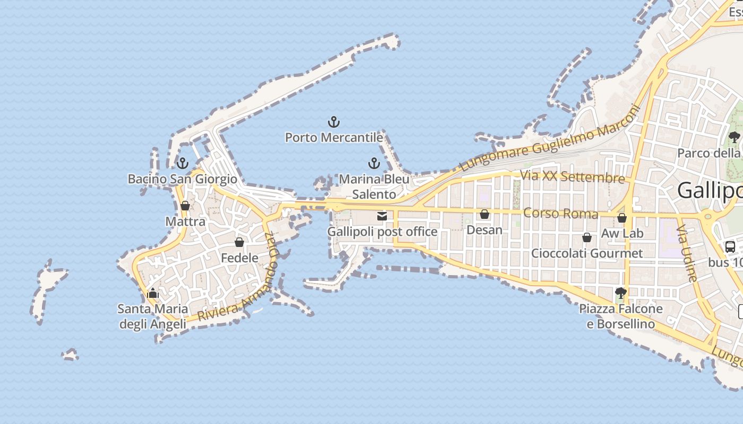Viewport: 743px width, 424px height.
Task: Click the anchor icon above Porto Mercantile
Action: click(333, 122)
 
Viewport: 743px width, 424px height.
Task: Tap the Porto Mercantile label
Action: click(334, 138)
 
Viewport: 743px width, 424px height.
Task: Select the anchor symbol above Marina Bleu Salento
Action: click(374, 163)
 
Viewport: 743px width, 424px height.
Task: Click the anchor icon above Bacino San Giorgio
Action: click(183, 163)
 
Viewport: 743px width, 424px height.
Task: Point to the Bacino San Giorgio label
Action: click(182, 179)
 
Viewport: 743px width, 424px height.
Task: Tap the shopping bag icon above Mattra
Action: click(185, 206)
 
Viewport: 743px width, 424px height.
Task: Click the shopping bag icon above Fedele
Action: click(239, 242)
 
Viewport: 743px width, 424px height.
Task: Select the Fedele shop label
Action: click(239, 258)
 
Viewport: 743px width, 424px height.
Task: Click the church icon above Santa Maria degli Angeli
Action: click(153, 293)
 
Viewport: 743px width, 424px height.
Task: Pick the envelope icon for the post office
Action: click(382, 216)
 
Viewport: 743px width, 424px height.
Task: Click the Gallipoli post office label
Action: click(382, 232)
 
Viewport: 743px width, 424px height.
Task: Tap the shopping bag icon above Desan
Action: click(485, 214)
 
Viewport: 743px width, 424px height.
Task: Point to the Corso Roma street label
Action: click(560, 214)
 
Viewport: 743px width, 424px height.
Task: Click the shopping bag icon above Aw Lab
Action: click(622, 218)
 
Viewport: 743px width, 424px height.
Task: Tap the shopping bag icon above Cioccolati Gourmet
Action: click(587, 237)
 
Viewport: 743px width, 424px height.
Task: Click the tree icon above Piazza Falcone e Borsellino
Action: click(620, 293)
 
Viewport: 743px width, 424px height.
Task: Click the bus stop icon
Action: click(730, 246)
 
